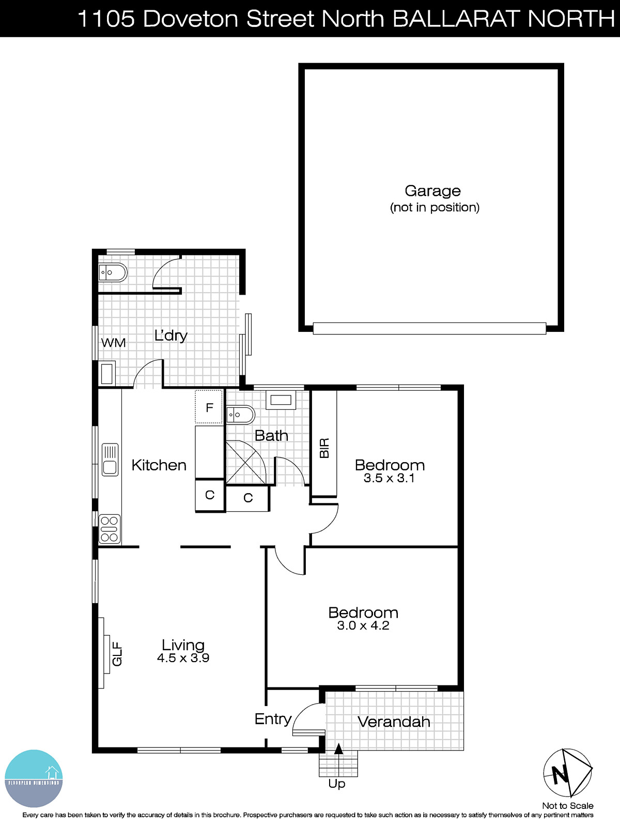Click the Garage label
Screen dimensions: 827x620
(x=432, y=191)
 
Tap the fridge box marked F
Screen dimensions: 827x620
(x=209, y=407)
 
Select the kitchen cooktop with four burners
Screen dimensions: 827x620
(x=110, y=529)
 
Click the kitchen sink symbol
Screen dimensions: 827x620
(x=110, y=460)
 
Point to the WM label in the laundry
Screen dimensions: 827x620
(x=113, y=343)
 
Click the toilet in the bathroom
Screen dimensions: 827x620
(x=240, y=415)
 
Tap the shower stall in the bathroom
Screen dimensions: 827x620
(x=245, y=462)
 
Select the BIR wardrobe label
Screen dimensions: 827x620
(x=324, y=448)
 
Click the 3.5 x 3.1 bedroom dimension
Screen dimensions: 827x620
(x=389, y=478)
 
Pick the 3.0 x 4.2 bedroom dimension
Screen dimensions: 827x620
(x=363, y=625)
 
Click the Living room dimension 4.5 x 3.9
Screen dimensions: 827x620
(x=183, y=658)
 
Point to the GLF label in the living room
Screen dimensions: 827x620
(x=117, y=653)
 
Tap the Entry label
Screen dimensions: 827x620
(x=273, y=719)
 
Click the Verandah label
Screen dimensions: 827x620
(x=394, y=722)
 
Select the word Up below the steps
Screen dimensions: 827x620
(x=337, y=784)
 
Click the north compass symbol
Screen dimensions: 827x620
(x=567, y=773)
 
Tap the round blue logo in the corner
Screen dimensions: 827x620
(x=34, y=778)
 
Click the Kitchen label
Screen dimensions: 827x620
(x=159, y=465)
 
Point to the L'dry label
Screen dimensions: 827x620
(x=171, y=335)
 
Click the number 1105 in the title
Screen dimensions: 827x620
(x=106, y=19)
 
